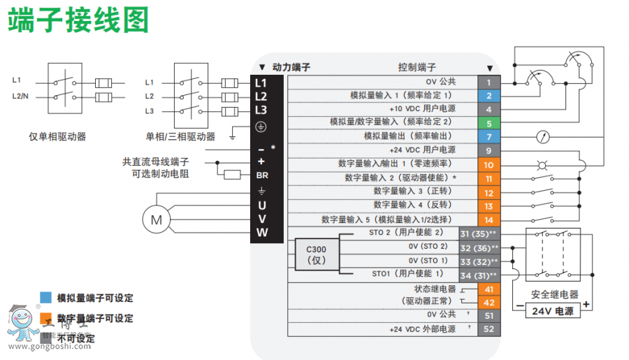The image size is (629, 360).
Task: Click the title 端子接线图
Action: click(78, 21)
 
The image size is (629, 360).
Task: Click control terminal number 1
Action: click(489, 82)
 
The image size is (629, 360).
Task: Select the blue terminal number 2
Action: click(489, 96)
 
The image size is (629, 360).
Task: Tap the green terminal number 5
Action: click(489, 123)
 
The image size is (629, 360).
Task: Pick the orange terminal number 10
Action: click(489, 164)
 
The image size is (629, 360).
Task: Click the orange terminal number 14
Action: click(489, 219)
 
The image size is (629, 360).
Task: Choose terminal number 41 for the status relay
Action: click(489, 289)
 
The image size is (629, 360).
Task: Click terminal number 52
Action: click(489, 329)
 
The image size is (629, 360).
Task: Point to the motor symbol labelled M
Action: click(156, 219)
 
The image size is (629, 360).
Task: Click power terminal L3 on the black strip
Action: click(261, 110)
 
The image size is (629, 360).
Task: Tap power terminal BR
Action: click(262, 175)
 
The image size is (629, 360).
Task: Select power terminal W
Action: click(261, 233)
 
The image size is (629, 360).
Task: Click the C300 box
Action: click(312, 254)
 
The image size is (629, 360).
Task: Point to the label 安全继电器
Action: click(555, 294)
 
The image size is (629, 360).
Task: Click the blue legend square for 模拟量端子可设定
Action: click(46, 298)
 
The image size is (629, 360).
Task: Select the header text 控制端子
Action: click(417, 67)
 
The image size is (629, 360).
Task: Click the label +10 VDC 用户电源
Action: click(422, 109)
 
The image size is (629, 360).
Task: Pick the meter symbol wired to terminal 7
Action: click(540, 137)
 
